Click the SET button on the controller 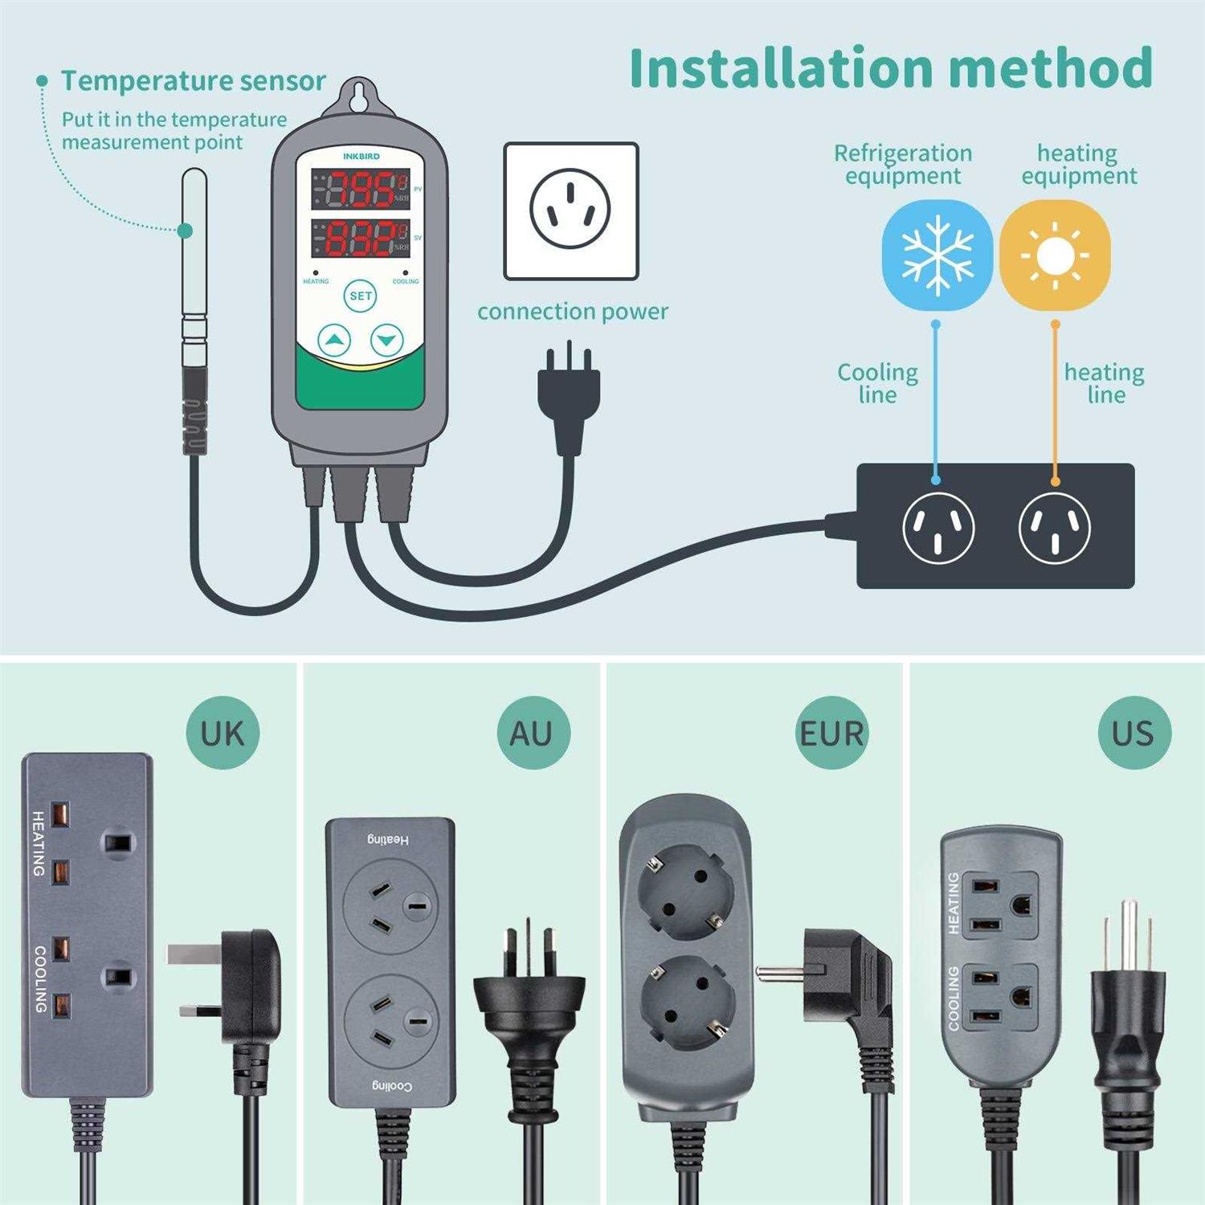coord(361,296)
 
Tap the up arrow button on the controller coord(334,341)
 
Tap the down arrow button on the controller coord(387,341)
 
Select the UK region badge coord(223,733)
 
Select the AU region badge coord(533,733)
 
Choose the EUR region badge coord(831,733)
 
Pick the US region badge coord(1134,733)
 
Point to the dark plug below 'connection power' coord(569,399)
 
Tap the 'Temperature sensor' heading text coord(193,81)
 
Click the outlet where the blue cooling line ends coord(938,527)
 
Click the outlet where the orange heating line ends coord(1054,527)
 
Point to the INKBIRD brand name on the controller coord(361,156)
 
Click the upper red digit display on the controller coord(361,190)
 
